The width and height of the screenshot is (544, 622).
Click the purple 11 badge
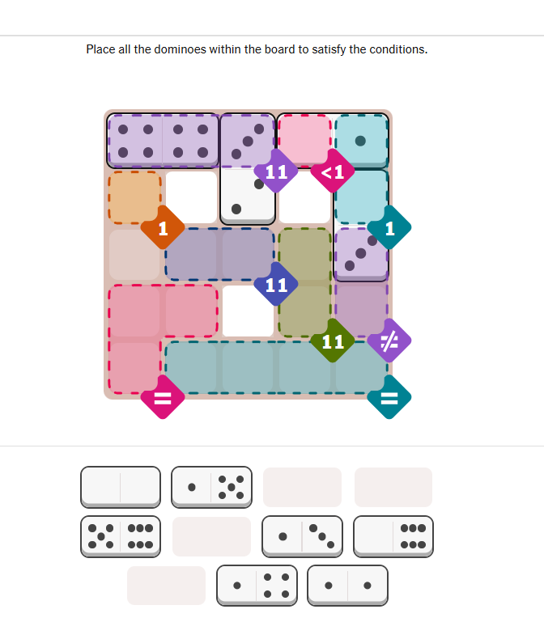point(276,171)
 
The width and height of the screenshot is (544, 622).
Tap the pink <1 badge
point(333,171)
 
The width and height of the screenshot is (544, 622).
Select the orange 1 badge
point(163,228)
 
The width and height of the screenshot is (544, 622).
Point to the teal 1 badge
point(389,228)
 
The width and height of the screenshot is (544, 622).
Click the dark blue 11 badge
point(276,284)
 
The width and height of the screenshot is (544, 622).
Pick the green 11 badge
point(333,341)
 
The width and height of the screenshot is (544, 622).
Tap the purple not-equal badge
point(389,341)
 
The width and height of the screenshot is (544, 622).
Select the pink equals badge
point(163,397)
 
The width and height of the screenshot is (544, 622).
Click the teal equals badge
point(389,397)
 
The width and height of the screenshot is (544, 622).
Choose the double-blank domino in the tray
point(121,487)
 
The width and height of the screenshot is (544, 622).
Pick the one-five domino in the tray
point(211,487)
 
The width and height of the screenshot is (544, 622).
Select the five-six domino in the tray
point(121,537)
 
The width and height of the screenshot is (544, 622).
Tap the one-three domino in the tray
point(302,537)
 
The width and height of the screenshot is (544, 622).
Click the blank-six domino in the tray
point(393,537)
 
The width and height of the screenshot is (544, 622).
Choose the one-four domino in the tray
point(257,586)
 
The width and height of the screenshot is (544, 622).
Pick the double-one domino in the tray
point(347,586)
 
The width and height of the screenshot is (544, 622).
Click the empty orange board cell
point(134,197)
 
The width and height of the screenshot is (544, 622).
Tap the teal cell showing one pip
point(361,141)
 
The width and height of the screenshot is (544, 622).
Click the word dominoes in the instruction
point(181,49)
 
